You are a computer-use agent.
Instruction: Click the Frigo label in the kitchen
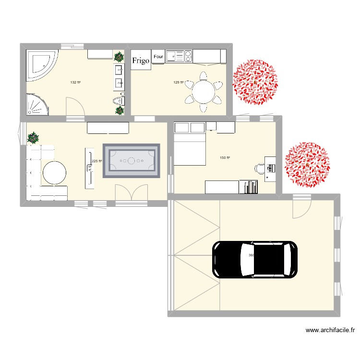coord(141,60)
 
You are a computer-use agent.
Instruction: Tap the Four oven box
coord(158,57)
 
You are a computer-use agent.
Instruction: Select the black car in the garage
coord(255,259)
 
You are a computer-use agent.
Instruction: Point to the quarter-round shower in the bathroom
coord(36,104)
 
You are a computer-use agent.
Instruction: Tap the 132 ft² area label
coord(75,83)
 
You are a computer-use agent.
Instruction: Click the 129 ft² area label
coord(178,83)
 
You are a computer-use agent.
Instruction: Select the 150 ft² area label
coord(225,157)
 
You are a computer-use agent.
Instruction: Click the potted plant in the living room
coord(33,138)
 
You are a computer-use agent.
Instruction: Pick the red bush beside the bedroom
coord(307,164)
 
